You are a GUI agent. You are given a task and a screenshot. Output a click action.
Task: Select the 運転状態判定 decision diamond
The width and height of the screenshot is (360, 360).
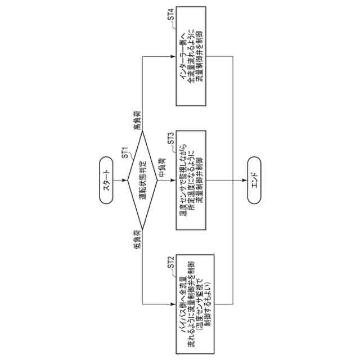[143, 180]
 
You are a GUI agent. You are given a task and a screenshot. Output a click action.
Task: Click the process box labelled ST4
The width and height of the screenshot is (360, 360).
[196, 62]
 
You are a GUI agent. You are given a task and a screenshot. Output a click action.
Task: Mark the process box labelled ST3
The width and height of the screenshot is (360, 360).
[196, 180]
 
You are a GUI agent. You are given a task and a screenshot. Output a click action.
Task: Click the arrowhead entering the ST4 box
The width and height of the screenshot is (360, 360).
[173, 57]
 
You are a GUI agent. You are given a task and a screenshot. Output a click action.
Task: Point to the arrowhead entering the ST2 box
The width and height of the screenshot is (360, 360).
[173, 304]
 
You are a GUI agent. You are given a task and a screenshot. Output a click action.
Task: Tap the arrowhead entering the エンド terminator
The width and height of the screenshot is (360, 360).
[245, 180]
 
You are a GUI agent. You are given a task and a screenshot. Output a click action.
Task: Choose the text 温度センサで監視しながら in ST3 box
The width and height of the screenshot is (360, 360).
[183, 180]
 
